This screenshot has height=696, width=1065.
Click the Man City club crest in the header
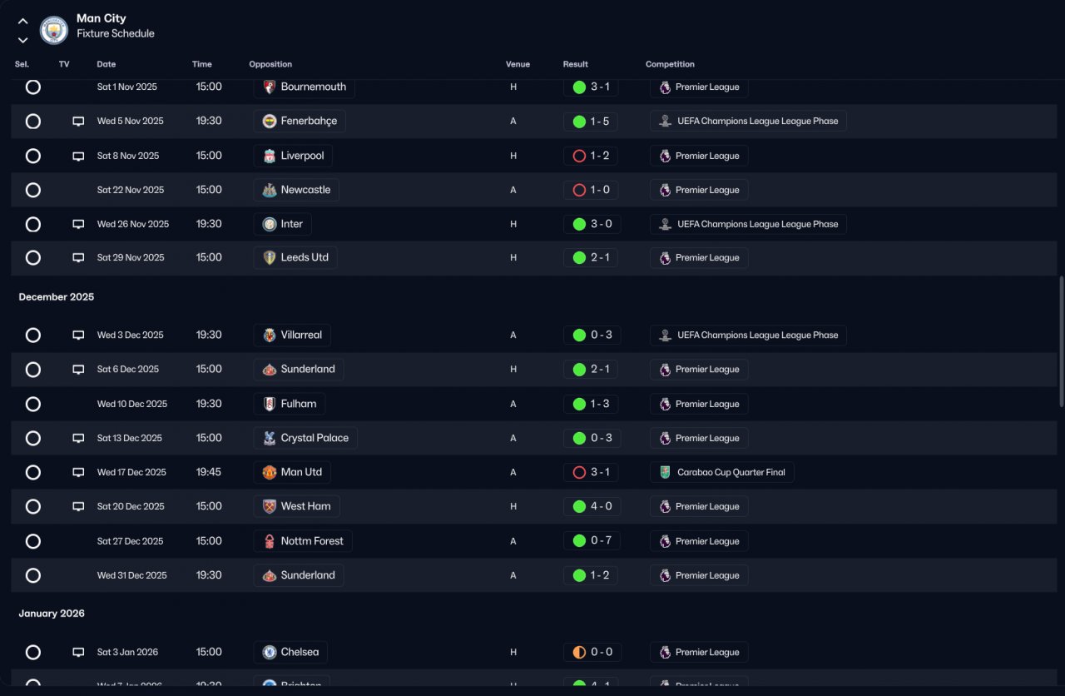[54, 31]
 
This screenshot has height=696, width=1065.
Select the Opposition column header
[270, 64]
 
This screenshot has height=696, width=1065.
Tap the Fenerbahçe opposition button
[300, 122]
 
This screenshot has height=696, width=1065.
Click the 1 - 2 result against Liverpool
[591, 156]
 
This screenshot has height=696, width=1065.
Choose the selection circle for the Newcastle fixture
[33, 190]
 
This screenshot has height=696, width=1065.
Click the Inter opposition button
[283, 224]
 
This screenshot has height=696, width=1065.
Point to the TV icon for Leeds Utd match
[78, 258]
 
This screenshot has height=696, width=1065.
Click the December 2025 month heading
[57, 297]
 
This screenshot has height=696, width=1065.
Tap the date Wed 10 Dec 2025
[131, 404]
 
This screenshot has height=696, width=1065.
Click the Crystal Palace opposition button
[305, 438]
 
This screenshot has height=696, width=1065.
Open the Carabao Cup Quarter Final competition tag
[722, 473]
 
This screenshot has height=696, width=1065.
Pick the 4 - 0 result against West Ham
[591, 506]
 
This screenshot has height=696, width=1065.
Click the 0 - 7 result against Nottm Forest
[591, 541]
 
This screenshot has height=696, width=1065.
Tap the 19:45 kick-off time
[209, 472]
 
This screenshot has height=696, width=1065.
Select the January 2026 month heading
[52, 614]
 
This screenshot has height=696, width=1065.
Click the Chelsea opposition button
[290, 653]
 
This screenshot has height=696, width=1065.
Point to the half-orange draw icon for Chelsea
[579, 653]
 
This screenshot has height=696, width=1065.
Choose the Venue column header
[518, 64]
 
